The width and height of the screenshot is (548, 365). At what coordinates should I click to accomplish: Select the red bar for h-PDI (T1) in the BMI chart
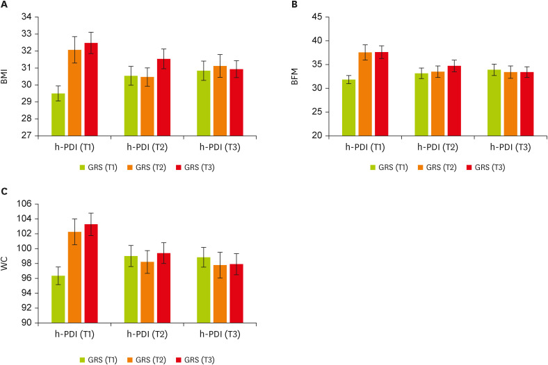click(x=91, y=90)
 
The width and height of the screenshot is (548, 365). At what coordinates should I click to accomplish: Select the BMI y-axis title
click(x=6, y=76)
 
